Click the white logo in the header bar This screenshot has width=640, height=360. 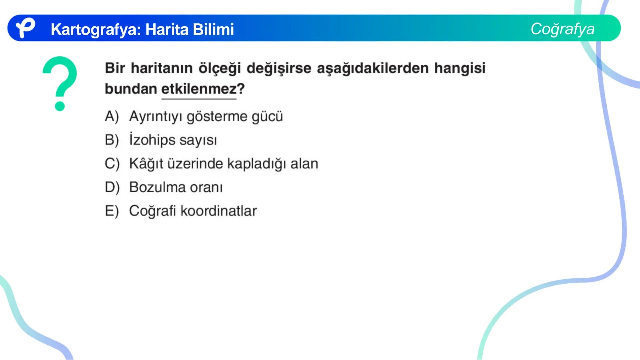25,28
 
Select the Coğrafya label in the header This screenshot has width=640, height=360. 562,29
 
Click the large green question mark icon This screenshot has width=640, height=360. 60,83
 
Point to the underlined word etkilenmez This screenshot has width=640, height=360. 199,89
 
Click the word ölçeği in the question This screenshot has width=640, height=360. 220,68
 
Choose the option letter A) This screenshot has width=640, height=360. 112,116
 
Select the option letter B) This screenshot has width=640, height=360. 112,140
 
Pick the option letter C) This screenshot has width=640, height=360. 112,164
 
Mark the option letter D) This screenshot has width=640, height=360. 112,187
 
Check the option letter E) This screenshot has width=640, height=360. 112,211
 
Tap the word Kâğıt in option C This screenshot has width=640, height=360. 146,164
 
